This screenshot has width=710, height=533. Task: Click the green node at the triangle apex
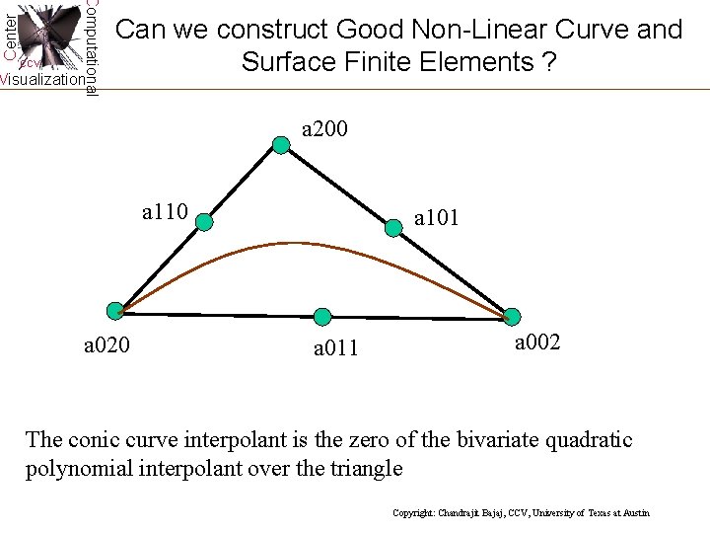pyautogui.click(x=281, y=146)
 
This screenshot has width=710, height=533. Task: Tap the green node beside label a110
pyautogui.click(x=204, y=223)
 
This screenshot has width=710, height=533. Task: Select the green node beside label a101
pyautogui.click(x=394, y=228)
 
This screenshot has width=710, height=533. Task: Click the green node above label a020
pyautogui.click(x=116, y=310)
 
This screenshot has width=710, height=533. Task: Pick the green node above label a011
pyautogui.click(x=321, y=317)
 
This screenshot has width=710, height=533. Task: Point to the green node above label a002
pyautogui.click(x=511, y=317)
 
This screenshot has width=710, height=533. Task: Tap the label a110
pyautogui.click(x=165, y=211)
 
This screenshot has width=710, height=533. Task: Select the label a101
pyautogui.click(x=436, y=218)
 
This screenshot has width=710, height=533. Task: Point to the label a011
pyautogui.click(x=336, y=347)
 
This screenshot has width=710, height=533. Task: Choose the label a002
pyautogui.click(x=537, y=343)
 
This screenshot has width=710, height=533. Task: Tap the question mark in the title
pyautogui.click(x=548, y=62)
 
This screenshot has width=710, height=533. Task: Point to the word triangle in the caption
pyautogui.click(x=366, y=467)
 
